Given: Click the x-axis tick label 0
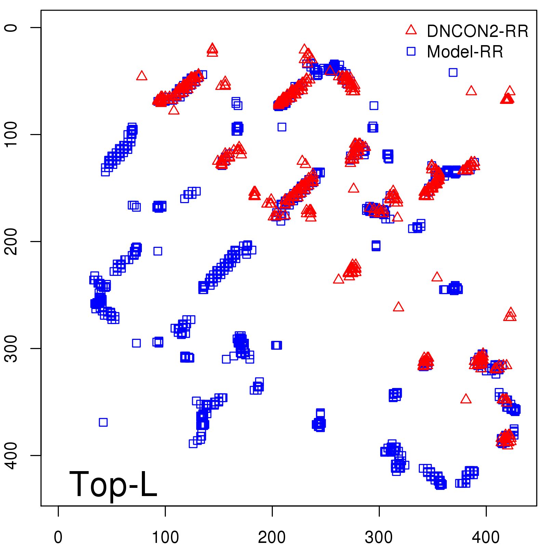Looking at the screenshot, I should (x=58, y=537).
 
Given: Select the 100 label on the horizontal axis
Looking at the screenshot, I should (x=165, y=537).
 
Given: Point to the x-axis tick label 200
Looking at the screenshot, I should (x=272, y=537).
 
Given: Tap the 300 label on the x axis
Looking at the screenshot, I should (x=379, y=537).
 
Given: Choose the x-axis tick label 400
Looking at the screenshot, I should (x=486, y=537).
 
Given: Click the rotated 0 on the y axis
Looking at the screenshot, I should (x=11, y=28).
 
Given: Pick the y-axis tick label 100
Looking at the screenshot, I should (x=11, y=134).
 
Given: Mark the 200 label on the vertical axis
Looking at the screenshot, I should (x=11, y=241).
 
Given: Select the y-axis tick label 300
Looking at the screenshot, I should (x=11, y=348).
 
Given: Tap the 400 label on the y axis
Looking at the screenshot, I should (x=11, y=455).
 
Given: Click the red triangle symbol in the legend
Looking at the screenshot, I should (x=411, y=30).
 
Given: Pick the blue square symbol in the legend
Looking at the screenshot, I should (x=411, y=51).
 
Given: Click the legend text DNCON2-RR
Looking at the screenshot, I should (x=478, y=31).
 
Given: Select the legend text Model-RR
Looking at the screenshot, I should (x=465, y=52).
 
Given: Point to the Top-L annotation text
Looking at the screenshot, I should (x=113, y=484).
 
